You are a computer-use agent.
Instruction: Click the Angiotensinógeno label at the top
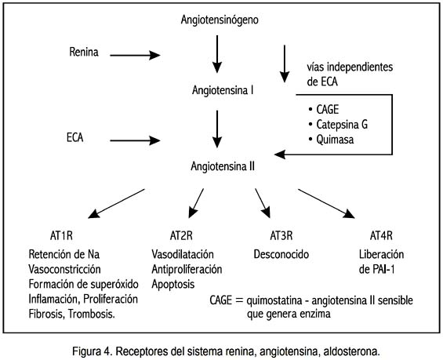click(x=220, y=20)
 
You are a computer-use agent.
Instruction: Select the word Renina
click(x=84, y=52)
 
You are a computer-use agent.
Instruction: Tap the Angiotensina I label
click(x=223, y=90)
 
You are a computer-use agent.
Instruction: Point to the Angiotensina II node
click(x=223, y=166)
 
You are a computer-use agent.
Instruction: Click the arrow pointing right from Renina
click(x=135, y=55)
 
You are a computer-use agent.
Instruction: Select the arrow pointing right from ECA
click(x=135, y=140)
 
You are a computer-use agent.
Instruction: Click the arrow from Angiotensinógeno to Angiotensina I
click(x=217, y=54)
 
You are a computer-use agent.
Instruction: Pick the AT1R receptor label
click(x=61, y=235)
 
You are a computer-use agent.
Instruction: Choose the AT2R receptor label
click(x=181, y=235)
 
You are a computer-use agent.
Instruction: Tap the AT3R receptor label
click(x=281, y=235)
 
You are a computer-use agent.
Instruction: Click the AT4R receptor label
click(x=381, y=235)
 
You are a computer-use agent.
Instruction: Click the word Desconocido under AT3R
click(x=281, y=254)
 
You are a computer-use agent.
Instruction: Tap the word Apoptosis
click(x=173, y=284)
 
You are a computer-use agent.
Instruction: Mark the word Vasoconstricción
click(x=64, y=269)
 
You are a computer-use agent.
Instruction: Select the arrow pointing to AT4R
click(x=326, y=203)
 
